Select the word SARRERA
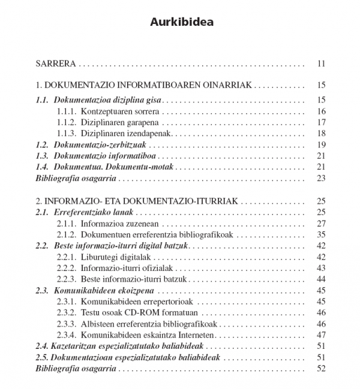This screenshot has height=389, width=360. (x=56, y=64)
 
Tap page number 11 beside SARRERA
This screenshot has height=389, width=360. (x=321, y=64)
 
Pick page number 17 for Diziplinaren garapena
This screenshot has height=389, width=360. (x=321, y=122)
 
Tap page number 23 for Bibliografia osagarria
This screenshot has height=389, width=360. (x=321, y=178)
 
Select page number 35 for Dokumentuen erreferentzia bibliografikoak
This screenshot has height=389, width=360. (x=321, y=234)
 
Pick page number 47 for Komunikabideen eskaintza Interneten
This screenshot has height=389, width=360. (x=321, y=334)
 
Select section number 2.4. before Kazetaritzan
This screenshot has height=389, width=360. (x=43, y=346)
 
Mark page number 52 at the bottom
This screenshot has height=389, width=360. (x=321, y=368)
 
